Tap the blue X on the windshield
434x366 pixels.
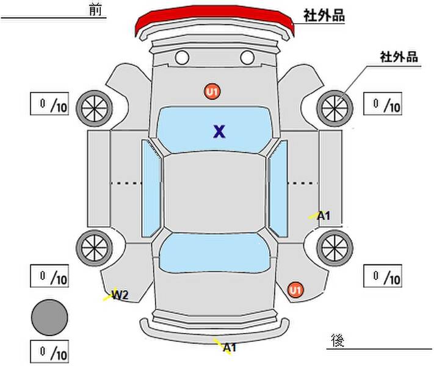tap(219, 131)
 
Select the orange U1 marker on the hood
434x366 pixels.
tap(212, 91)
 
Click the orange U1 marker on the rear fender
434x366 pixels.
tap(295, 290)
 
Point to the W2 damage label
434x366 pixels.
tap(120, 295)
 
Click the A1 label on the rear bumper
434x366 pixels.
tap(230, 347)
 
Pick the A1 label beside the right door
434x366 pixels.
tap(324, 215)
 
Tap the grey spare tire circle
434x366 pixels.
tap(49, 317)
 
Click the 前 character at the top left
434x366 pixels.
tap(95, 10)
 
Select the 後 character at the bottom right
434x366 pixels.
tap(338, 340)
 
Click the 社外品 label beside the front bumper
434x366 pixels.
tap(324, 15)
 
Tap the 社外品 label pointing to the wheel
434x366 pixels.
tap(399, 57)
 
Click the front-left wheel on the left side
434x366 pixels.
tap(95, 109)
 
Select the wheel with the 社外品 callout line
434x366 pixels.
tap(335, 109)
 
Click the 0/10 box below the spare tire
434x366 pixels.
tap(49, 351)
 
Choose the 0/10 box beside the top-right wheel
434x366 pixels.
tap(383, 104)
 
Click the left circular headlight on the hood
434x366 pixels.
tap(182, 57)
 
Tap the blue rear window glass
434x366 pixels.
tap(214, 253)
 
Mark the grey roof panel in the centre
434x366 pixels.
tap(214, 193)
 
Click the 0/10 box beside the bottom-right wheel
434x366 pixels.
tap(383, 276)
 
